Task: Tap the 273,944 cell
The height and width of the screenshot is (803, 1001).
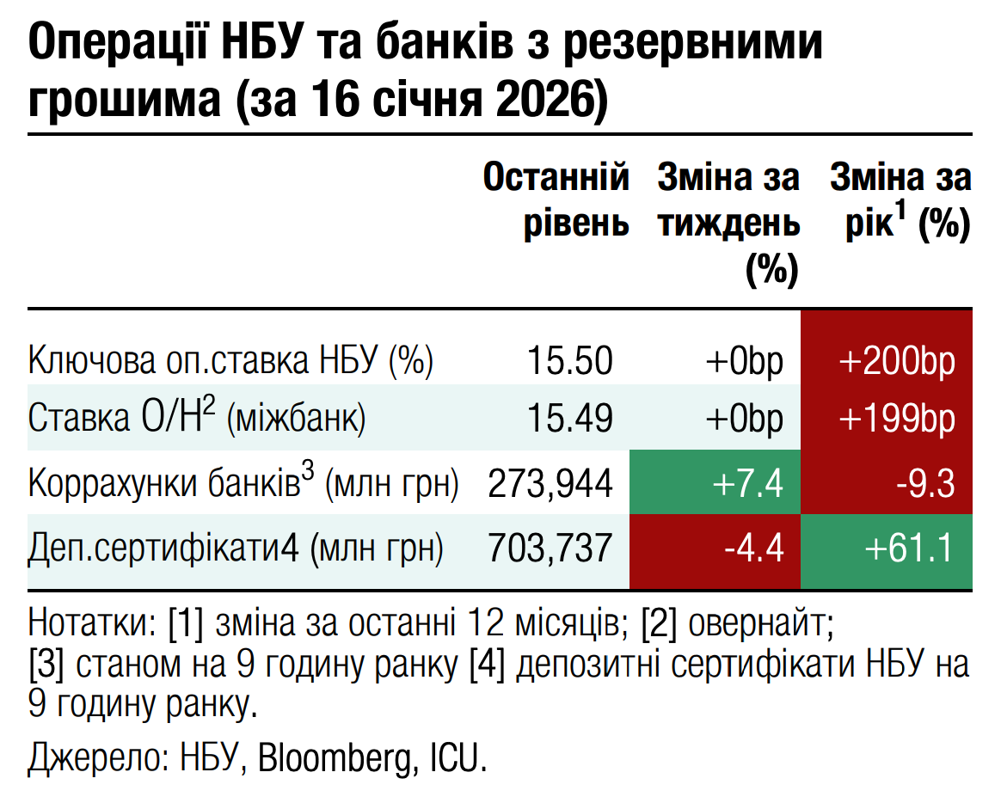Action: (x=550, y=484)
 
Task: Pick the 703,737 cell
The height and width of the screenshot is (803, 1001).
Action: (x=550, y=548)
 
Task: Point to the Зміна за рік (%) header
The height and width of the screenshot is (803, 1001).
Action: (x=900, y=202)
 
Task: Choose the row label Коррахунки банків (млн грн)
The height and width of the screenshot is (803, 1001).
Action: (x=243, y=484)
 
